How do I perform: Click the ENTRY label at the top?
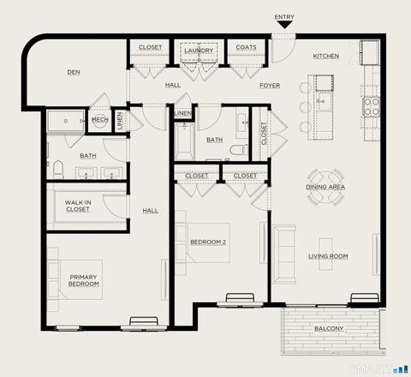pyautogui.click(x=284, y=17)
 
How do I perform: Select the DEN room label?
pyautogui.click(x=74, y=72)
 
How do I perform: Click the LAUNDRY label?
pyautogui.click(x=199, y=51)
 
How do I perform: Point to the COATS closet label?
pyautogui.click(x=246, y=47)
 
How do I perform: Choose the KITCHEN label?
pyautogui.click(x=325, y=56)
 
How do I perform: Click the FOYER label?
pyautogui.click(x=270, y=85)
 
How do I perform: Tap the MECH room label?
pyautogui.click(x=99, y=121)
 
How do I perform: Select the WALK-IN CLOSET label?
pyautogui.click(x=77, y=206)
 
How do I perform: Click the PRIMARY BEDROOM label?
pyautogui.click(x=84, y=281)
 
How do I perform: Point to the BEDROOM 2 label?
pyautogui.click(x=208, y=241)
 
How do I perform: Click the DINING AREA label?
pyautogui.click(x=325, y=186)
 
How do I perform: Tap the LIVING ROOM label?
pyautogui.click(x=328, y=255)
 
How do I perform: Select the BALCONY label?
pyautogui.click(x=328, y=329)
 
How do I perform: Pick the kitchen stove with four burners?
pyautogui.click(x=372, y=106)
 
